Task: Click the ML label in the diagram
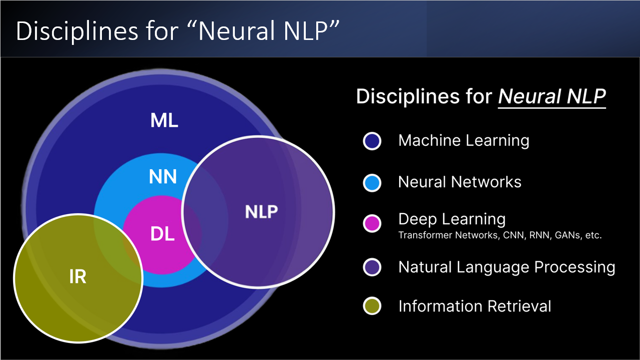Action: (164, 120)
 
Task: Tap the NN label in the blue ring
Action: (163, 176)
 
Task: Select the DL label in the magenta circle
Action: (163, 234)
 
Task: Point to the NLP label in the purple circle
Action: (261, 212)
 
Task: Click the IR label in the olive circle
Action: (77, 277)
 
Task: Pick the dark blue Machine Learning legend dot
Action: (372, 141)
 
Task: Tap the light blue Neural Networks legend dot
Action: (372, 183)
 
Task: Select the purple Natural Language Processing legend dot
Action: (372, 267)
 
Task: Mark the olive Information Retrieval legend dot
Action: (372, 306)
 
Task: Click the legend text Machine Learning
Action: (464, 141)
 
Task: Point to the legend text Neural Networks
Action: (460, 182)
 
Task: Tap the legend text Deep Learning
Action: (452, 219)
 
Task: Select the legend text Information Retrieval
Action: (475, 306)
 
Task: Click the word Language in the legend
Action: (496, 268)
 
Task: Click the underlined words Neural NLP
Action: (552, 96)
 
